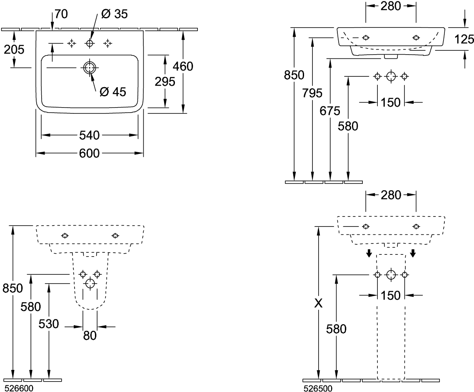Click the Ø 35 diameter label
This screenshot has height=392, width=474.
tap(115, 14)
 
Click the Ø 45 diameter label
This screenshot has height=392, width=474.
tap(113, 92)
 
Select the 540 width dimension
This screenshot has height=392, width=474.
tap(89, 135)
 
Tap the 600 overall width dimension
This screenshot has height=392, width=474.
tap(89, 153)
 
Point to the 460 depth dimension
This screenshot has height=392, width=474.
tap(183, 66)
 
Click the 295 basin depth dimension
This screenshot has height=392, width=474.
tap(165, 82)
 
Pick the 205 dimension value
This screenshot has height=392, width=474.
tap(14, 50)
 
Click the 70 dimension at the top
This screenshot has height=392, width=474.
tap(61, 14)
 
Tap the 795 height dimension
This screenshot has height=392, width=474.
tap(312, 93)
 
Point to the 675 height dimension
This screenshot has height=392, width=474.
tap(330, 111)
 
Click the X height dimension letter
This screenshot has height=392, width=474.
tap(318, 304)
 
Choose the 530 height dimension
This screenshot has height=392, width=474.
tap(49, 324)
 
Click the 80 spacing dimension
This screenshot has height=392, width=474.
tap(90, 335)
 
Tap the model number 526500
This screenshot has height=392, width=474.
tap(317, 388)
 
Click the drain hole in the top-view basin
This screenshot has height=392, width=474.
tap(89, 68)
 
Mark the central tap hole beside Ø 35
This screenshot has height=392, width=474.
tap(89, 43)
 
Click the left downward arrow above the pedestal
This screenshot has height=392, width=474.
tap(369, 253)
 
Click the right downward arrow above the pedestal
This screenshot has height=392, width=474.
tap(413, 253)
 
